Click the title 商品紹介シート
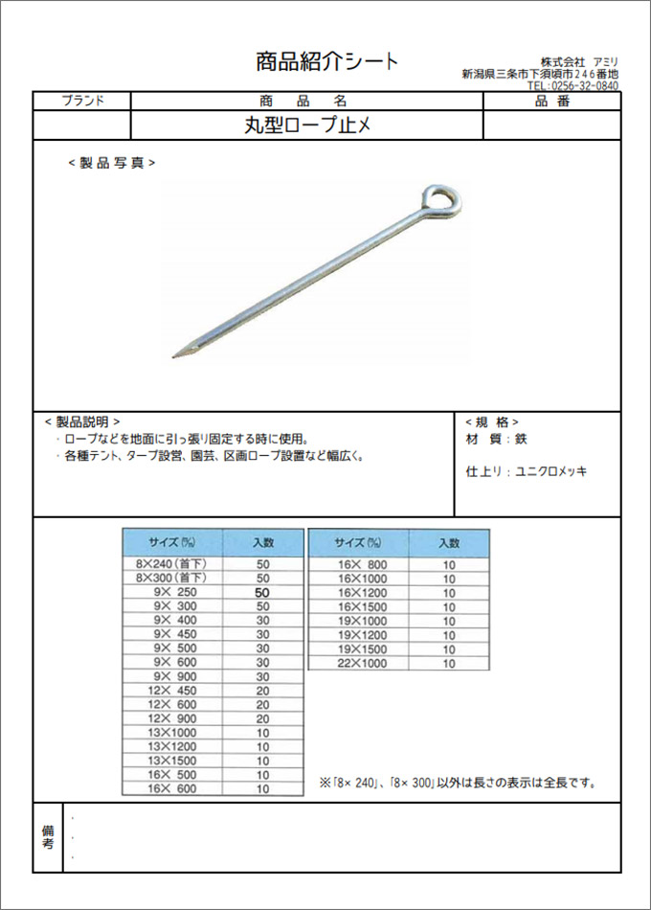click(326, 62)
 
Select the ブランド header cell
click(82, 101)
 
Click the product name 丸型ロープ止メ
click(305, 125)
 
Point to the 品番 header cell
click(551, 101)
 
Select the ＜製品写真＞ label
click(112, 163)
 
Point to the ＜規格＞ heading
click(492, 421)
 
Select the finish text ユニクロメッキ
click(552, 471)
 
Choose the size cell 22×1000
click(358, 663)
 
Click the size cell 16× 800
click(358, 565)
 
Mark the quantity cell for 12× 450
click(263, 691)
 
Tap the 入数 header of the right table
click(449, 542)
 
